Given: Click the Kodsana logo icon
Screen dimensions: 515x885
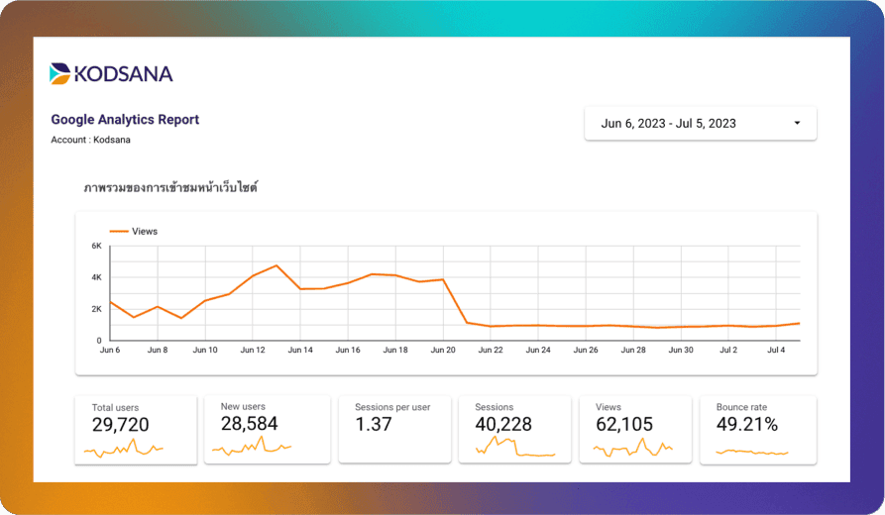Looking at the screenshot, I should click(60, 73).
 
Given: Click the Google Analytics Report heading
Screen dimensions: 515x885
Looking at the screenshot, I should click(125, 120).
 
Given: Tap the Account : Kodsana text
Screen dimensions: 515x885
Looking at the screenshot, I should click(90, 140).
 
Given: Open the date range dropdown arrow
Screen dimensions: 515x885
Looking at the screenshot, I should click(797, 124).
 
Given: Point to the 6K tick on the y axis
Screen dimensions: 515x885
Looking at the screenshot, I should click(96, 246).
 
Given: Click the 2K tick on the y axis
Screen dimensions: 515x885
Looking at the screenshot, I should click(96, 309).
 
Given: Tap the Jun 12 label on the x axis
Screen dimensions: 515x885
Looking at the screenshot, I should click(253, 350).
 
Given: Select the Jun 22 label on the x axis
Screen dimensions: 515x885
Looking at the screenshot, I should click(491, 350).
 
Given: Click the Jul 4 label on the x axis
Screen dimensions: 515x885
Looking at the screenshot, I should click(775, 350).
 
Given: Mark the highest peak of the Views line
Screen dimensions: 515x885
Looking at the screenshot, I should click(277, 265).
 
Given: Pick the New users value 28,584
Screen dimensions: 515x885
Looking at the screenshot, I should click(249, 424).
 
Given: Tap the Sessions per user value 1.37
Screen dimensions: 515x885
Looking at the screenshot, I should click(374, 425).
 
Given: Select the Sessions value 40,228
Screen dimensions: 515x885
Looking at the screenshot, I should click(503, 425).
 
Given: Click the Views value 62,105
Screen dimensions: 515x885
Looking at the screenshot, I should click(625, 425).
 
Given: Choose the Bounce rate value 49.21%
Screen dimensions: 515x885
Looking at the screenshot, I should click(747, 425).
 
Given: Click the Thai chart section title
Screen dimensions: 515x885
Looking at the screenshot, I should click(170, 187).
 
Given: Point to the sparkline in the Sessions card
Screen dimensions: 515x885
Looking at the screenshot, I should click(515, 449).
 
